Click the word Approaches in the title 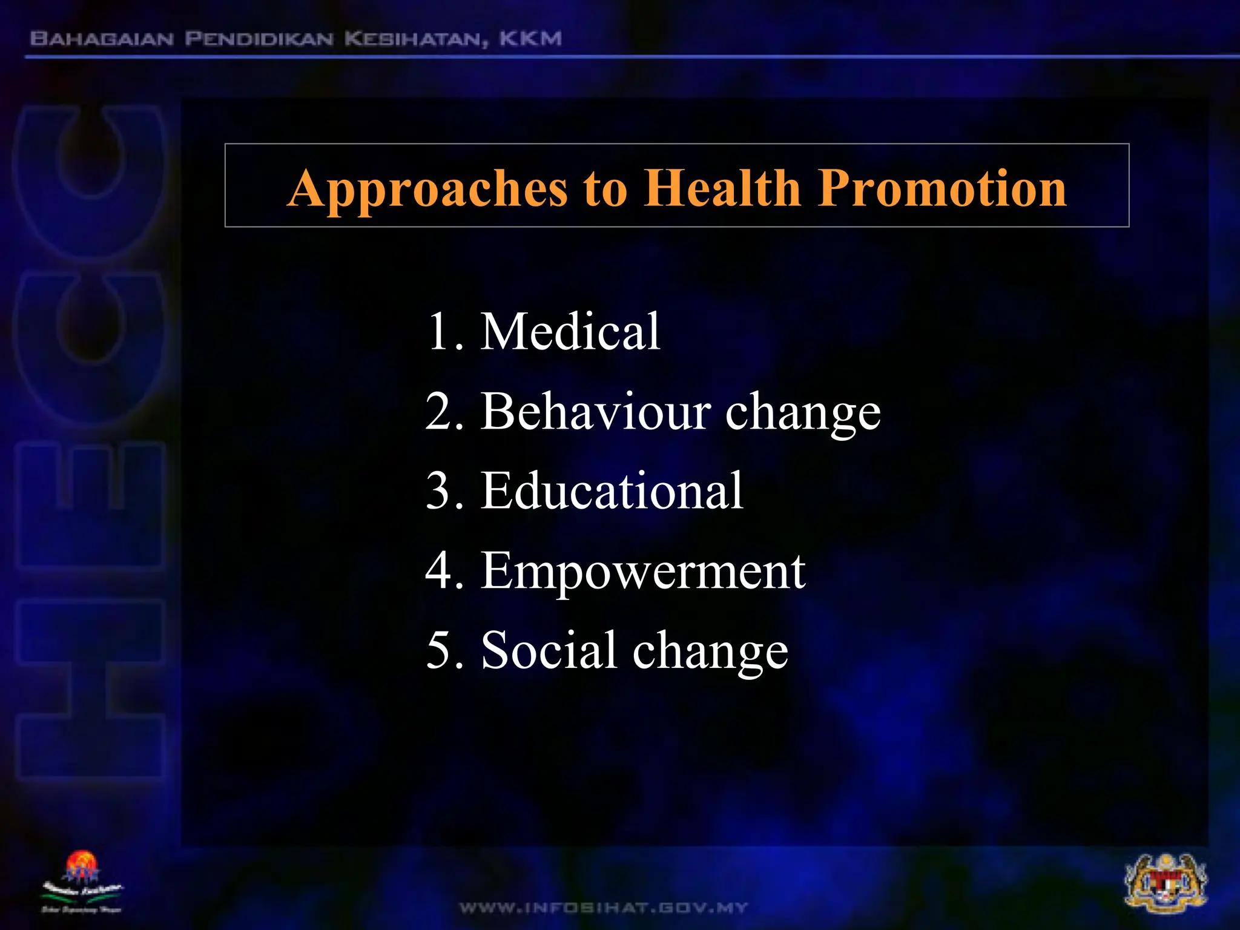click(x=427, y=189)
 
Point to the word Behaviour click(x=596, y=411)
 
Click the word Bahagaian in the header click(x=102, y=39)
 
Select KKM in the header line click(x=530, y=39)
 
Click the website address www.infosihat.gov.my click(x=604, y=908)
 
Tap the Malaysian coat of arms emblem click(x=1166, y=883)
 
